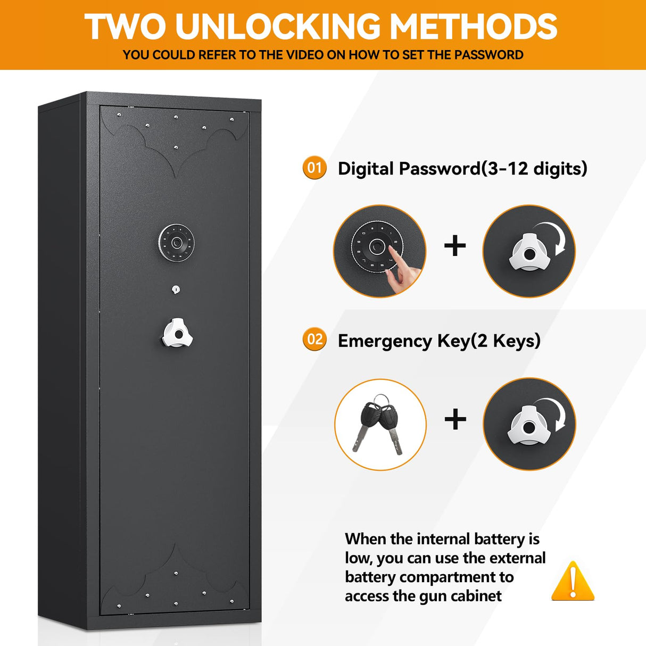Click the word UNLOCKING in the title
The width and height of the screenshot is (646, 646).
pos(278,26)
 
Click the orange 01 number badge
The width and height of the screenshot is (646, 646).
pos(314,168)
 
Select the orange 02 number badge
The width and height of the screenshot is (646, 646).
pos(314,339)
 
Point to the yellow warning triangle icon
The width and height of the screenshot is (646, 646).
pos(573,581)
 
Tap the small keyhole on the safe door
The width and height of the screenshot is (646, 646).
pos(176,289)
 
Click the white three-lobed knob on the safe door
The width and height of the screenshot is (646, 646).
pos(177,334)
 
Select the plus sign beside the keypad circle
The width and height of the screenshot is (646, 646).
pos(455,246)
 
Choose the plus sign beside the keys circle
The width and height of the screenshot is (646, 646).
pos(455,419)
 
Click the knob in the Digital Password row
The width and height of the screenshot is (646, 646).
pos(527,253)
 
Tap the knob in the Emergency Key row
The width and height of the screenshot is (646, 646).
pos(527,426)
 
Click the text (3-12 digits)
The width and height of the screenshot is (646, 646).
pos(534,169)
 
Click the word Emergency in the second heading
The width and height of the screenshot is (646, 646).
pos(385,341)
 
